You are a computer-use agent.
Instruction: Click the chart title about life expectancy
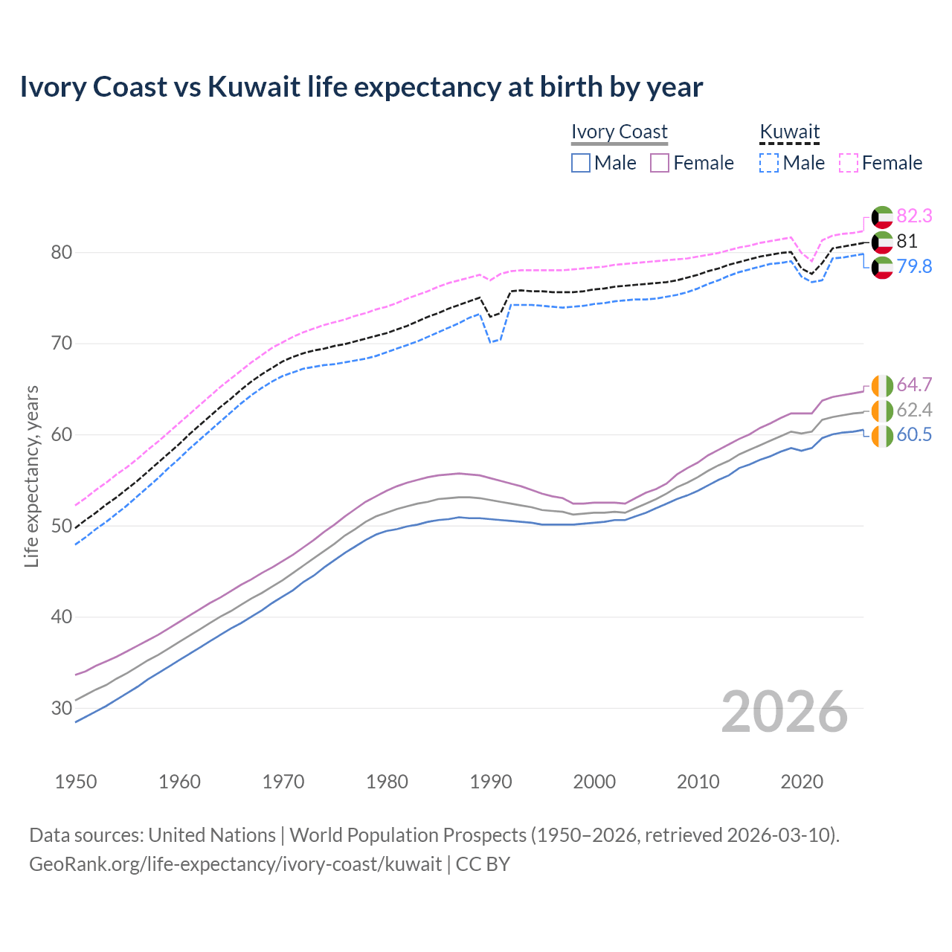click(x=361, y=87)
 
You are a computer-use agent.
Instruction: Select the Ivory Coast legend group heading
click(x=619, y=132)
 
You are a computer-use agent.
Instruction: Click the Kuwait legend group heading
click(x=789, y=132)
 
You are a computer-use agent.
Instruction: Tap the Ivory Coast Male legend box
click(x=581, y=163)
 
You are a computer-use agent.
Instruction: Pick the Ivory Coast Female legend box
click(x=660, y=163)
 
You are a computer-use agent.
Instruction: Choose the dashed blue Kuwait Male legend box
click(x=769, y=163)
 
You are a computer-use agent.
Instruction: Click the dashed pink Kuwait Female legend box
click(x=849, y=163)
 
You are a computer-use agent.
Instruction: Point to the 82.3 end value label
click(x=914, y=216)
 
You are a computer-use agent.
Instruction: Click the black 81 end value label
click(x=907, y=241)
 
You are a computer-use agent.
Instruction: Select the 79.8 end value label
click(x=914, y=266)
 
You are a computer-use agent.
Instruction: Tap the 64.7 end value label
click(x=914, y=385)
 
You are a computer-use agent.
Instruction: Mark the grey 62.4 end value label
click(x=914, y=410)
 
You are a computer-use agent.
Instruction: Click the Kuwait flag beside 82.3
click(x=882, y=216)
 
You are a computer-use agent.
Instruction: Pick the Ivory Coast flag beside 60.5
click(x=882, y=437)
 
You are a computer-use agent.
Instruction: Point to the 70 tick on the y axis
click(x=61, y=344)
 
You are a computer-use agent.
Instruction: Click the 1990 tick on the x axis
click(x=491, y=782)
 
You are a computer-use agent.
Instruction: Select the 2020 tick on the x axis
click(x=802, y=782)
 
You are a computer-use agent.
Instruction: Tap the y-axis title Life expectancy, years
click(x=31, y=476)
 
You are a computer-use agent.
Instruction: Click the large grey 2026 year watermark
click(x=784, y=712)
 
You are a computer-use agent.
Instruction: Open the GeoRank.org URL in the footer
click(x=235, y=864)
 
